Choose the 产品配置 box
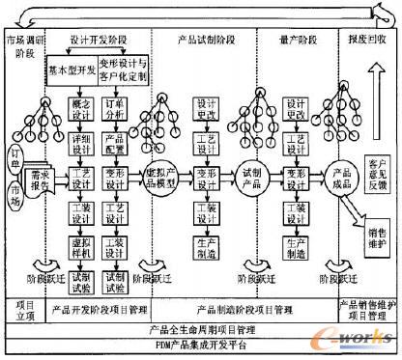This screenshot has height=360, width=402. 115,142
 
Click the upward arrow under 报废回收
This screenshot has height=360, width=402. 370,95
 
